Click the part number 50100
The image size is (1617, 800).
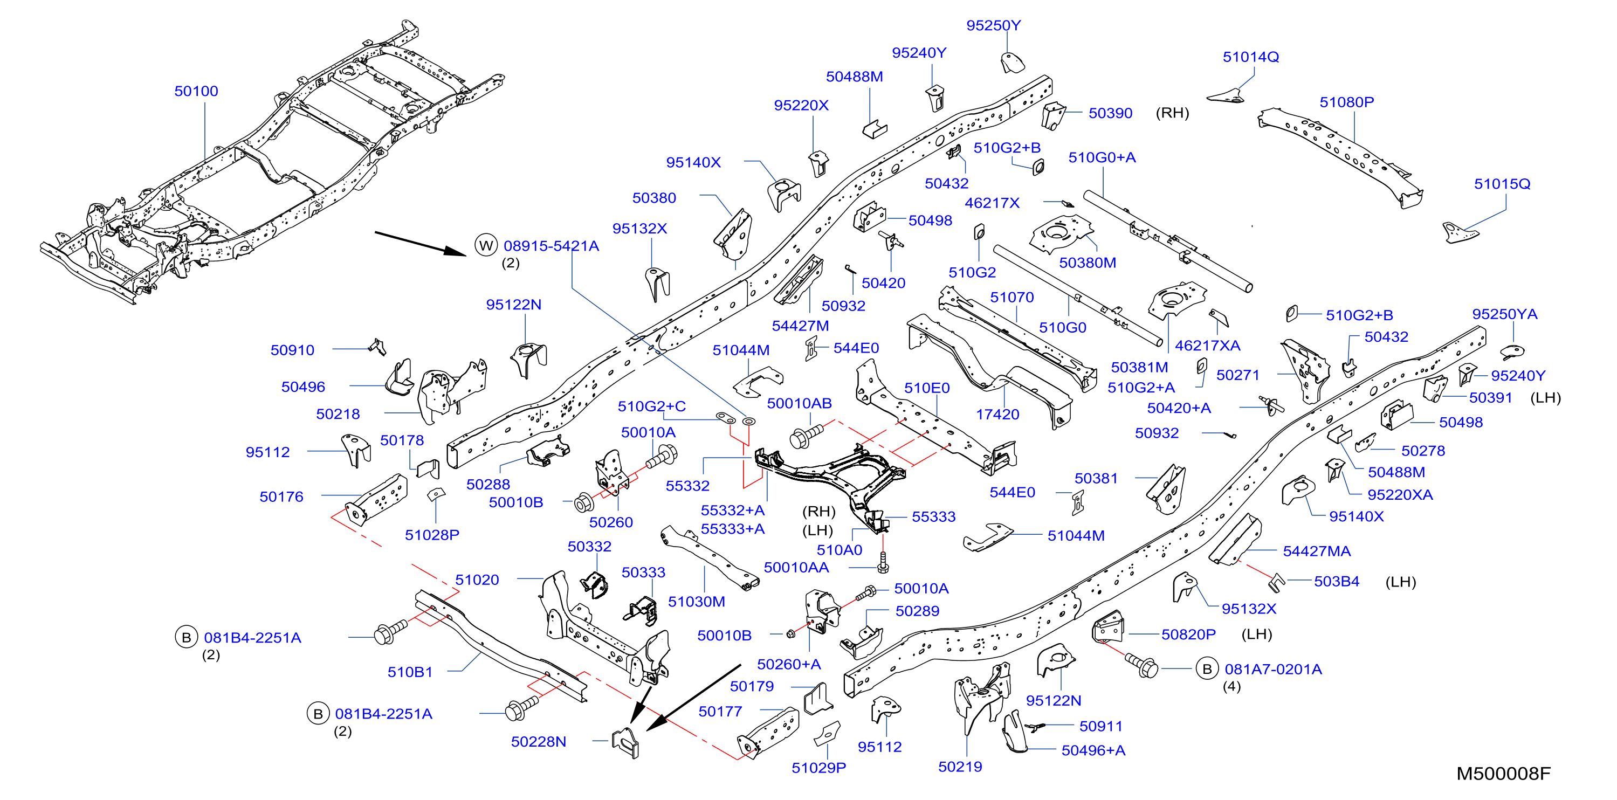[x=196, y=91]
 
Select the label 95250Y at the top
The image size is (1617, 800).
[x=994, y=26]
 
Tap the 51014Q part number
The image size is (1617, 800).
[x=1251, y=57]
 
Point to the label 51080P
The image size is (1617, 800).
[x=1347, y=102]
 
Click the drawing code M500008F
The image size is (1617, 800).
[x=1503, y=774]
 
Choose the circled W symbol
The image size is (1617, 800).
[x=486, y=245]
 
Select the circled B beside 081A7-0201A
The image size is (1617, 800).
[x=1207, y=669]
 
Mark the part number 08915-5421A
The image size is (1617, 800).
[x=551, y=246]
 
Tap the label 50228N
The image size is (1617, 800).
[x=539, y=742]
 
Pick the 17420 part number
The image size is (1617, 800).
[x=997, y=414]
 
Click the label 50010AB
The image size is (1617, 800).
[x=799, y=403]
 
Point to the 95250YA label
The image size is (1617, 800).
[x=1505, y=314]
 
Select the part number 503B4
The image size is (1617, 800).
[x=1337, y=582]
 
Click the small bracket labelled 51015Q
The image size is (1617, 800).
[x=1459, y=232]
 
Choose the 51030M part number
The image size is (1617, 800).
[x=696, y=602]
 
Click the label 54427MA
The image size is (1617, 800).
[x=1316, y=551]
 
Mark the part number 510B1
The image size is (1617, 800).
[x=410, y=672]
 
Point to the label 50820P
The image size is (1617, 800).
[x=1188, y=635]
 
